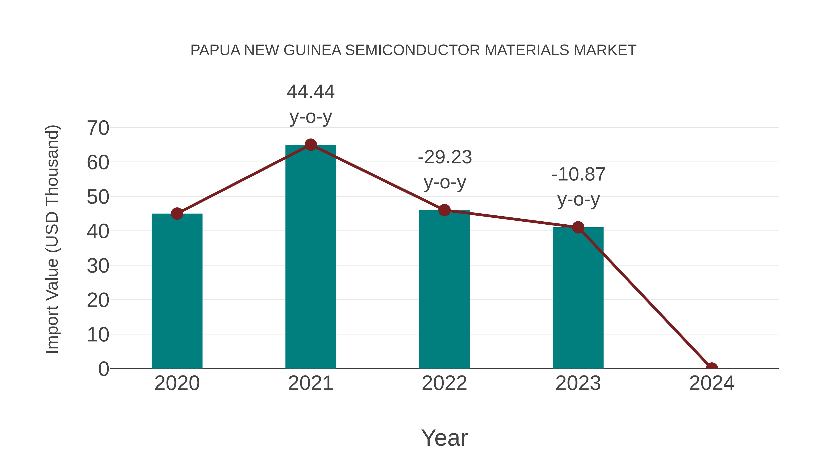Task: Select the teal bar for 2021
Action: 310,256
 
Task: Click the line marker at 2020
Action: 177,213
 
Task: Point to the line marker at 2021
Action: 310,145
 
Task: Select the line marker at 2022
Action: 444,210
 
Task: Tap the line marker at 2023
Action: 578,228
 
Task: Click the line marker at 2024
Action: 712,368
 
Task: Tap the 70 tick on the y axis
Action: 98,128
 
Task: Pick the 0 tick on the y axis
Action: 103,369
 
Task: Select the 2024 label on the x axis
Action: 712,383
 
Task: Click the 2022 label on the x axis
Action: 444,383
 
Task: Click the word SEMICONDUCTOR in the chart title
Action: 413,50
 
